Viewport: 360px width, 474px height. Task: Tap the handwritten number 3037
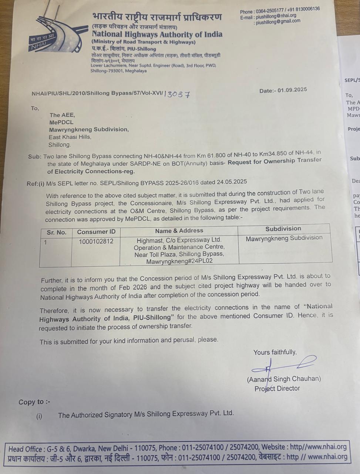point(179,94)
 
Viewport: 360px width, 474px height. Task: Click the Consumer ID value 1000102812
point(96,241)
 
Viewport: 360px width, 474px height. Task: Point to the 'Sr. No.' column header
point(57,233)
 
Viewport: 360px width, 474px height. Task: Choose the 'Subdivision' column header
point(283,229)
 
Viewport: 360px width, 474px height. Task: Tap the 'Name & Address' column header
point(179,231)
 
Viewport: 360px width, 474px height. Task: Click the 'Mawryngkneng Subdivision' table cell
point(284,238)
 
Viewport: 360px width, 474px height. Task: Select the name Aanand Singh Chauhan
point(284,379)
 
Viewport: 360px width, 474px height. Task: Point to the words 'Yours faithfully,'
point(275,352)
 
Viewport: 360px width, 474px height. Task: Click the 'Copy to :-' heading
point(34,402)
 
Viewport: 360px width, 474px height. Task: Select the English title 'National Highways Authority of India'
point(157,35)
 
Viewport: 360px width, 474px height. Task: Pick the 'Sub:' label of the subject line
point(35,157)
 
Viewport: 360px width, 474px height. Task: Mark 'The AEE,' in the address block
point(62,115)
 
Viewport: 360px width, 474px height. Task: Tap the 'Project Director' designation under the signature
point(277,388)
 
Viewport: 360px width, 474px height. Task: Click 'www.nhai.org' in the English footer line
point(324,447)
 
